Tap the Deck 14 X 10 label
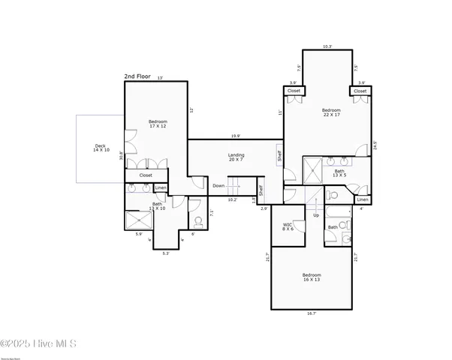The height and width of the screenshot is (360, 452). click(101, 148)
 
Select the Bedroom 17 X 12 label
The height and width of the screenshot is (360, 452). click(158, 124)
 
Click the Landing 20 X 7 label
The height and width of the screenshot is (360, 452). click(237, 157)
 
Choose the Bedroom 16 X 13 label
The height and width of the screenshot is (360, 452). click(312, 278)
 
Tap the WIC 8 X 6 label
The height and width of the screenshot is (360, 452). click(288, 226)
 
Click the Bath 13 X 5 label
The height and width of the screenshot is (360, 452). click(339, 174)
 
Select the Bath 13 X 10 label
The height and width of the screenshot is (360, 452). click(158, 206)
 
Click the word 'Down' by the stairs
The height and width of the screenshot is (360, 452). click(218, 185)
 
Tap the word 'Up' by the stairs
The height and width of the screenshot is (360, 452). click(316, 215)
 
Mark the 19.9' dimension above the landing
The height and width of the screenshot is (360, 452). click(235, 136)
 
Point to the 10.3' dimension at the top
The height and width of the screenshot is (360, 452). click(327, 46)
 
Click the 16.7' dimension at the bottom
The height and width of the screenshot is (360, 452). click(312, 313)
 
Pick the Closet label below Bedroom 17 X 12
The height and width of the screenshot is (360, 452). click(146, 175)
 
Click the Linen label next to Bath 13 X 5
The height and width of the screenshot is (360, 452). click(363, 199)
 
